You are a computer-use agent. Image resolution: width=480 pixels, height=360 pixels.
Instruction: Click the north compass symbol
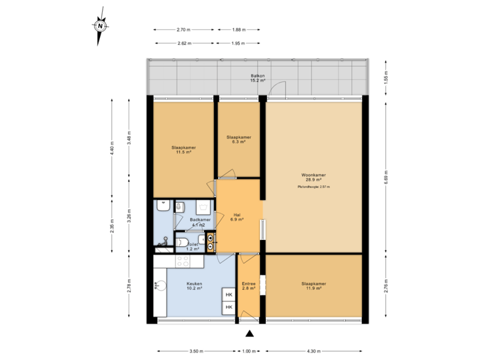100,27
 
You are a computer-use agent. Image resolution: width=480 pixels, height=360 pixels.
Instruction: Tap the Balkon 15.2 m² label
257,78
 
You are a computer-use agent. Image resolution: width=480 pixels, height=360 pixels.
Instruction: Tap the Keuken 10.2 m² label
195,285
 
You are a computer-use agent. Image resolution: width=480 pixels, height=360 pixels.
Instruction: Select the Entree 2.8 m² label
249,285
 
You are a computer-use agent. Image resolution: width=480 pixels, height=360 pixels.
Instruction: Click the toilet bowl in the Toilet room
184,242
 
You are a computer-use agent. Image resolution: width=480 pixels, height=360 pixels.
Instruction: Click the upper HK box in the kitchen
229,295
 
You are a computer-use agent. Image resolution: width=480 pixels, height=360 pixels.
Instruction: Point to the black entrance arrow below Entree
249,333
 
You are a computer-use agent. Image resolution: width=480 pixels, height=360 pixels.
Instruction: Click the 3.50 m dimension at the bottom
195,351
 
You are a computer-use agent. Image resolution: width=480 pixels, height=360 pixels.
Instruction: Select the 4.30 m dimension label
313,351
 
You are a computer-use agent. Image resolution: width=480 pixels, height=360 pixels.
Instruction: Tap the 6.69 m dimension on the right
387,179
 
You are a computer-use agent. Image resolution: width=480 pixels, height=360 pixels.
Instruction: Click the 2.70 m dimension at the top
183,30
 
